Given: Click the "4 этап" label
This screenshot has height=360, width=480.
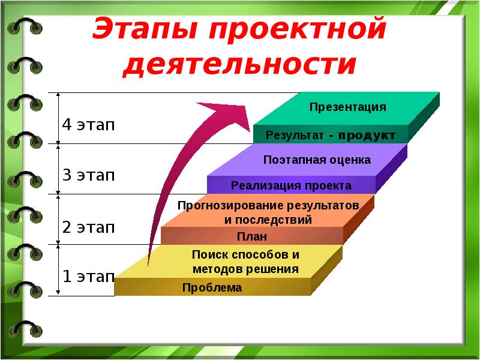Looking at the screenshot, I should (88, 125).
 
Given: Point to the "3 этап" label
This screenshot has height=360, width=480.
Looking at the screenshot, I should (88, 176).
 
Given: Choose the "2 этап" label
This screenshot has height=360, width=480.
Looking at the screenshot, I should (88, 227).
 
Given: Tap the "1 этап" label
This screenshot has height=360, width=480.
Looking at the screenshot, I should (88, 277).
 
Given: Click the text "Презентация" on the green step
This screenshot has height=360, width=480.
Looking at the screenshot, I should (347, 107).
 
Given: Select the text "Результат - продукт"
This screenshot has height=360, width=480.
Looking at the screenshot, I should (330, 136).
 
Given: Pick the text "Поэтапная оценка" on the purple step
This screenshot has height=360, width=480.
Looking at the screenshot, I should (317, 160).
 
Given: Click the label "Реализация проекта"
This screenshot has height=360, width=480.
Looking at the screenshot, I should (291, 185).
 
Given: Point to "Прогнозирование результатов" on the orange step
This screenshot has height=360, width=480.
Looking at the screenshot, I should (268, 206).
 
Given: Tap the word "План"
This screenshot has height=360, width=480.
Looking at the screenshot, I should (252, 236).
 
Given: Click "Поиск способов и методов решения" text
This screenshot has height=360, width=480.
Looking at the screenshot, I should (245, 262).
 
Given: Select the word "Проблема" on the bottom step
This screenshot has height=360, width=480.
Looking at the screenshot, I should (212, 288).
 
